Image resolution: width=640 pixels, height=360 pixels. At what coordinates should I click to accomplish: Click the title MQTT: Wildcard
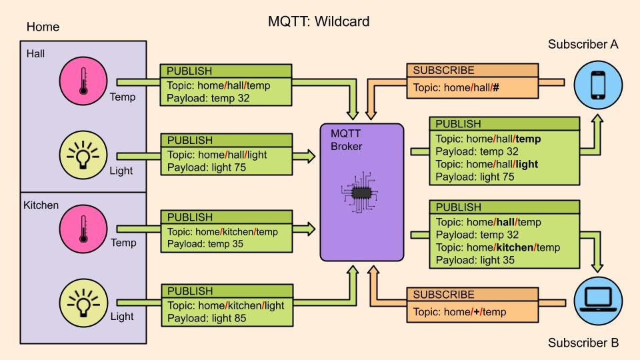pos(318,21)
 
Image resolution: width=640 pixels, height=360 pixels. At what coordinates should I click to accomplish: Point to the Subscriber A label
pos(583,45)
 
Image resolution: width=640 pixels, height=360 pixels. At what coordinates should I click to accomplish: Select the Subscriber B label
pos(583,343)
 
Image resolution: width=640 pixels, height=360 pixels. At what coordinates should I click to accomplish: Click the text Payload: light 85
pos(206,318)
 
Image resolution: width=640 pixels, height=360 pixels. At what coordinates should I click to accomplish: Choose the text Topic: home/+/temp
pos(459,311)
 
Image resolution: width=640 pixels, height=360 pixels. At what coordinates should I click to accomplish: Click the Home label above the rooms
pos(43,27)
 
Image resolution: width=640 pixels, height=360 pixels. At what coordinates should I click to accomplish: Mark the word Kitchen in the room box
pos(41,205)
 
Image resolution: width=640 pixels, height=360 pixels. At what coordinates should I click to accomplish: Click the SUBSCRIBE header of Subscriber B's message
pos(444,294)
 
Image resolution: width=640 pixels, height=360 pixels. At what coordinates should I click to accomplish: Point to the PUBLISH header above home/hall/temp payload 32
pos(190,70)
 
